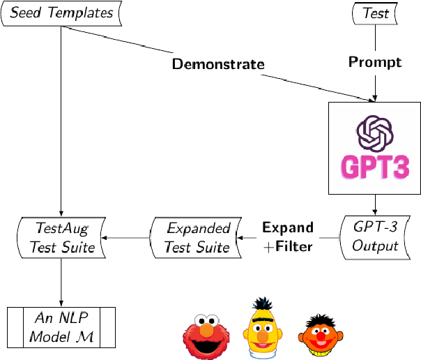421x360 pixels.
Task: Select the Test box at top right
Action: pos(376,13)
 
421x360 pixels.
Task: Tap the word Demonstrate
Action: pos(217,64)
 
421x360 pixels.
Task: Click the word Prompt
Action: pos(375,62)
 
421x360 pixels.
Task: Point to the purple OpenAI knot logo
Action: pos(376,133)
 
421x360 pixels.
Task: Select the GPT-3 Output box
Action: pos(376,237)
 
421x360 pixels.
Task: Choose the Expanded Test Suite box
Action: pos(196,237)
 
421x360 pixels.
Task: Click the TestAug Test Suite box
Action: pos(61,237)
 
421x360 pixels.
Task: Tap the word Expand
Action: pos(287,227)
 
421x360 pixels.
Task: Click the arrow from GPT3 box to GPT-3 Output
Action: pos(376,204)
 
